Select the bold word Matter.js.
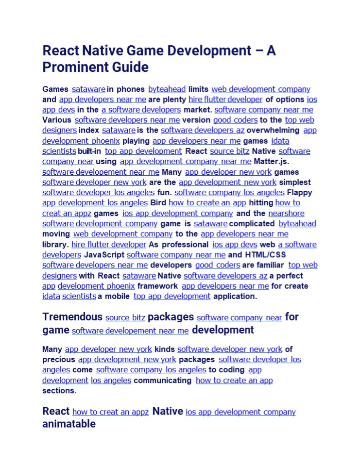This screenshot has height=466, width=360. point(275,161)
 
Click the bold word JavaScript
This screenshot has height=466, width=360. point(104,254)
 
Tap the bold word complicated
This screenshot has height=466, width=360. point(252,224)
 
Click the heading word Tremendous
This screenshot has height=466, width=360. point(72,317)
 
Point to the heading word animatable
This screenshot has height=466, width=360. point(69,424)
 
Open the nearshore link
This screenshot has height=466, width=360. point(286,213)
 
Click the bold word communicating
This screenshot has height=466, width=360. point(162,380)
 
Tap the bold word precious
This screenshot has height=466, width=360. point(59,360)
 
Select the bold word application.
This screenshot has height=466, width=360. point(235,296)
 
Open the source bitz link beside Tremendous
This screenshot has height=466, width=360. point(125,318)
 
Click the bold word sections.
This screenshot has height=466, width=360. point(59,390)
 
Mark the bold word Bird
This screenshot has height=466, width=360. point(158,202)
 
